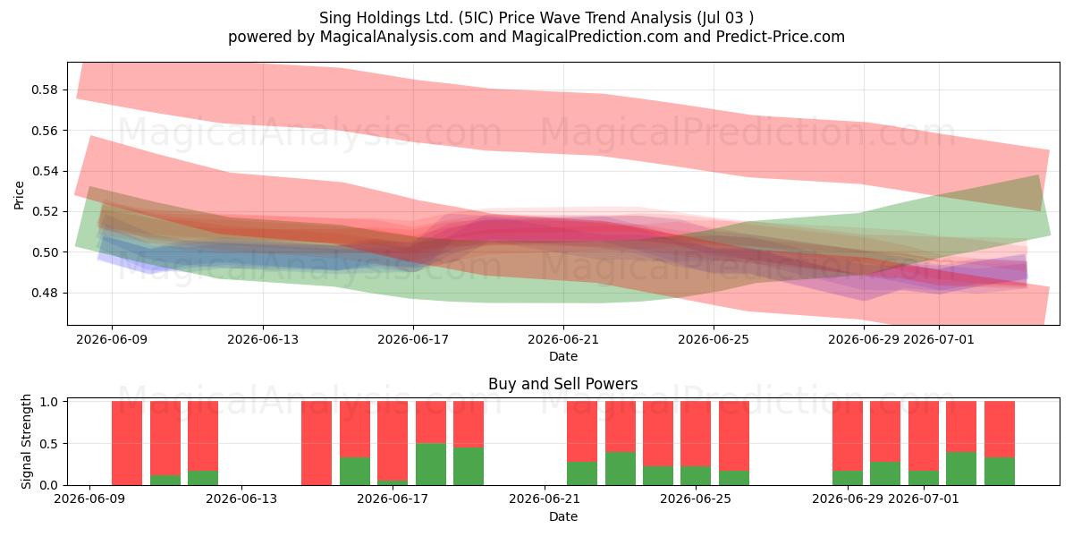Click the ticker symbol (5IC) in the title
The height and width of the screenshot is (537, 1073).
pos(475,18)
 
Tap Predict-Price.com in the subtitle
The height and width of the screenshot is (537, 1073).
pos(781,37)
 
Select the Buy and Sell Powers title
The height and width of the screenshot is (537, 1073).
pos(562,384)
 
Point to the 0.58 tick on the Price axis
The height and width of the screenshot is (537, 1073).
pos(45,89)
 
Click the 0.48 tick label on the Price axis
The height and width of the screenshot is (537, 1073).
pos(45,293)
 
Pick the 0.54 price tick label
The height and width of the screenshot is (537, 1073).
pos(45,171)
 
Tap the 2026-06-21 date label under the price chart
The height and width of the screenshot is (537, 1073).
pos(563,339)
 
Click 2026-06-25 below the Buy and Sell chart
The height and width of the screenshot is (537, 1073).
pos(696,499)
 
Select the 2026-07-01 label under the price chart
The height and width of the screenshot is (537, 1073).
pos(938,339)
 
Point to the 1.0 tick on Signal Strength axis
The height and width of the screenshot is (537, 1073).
pos(48,402)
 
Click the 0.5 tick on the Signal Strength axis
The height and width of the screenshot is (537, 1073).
pos(48,444)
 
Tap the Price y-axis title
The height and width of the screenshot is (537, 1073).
pos(19,195)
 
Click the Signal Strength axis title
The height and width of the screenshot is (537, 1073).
pos(26,441)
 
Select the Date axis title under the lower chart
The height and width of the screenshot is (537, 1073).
pos(562,516)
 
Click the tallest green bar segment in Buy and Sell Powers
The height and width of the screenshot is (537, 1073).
pos(431,465)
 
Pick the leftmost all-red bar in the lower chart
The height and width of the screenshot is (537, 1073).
pos(127,443)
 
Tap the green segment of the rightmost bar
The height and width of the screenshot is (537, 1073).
pos(1000,472)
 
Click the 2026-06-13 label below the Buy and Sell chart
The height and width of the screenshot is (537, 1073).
pos(241,499)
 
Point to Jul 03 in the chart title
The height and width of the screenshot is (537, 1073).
pos(721,18)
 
